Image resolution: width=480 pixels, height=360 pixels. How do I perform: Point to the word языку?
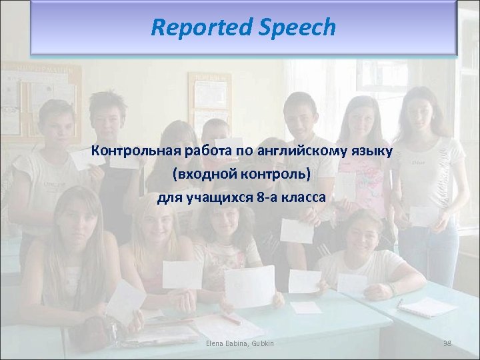(x=370, y=151)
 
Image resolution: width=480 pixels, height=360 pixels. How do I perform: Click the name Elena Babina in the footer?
(x=224, y=343)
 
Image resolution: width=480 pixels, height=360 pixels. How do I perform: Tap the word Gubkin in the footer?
(x=261, y=343)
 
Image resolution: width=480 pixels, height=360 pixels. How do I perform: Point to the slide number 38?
(x=447, y=343)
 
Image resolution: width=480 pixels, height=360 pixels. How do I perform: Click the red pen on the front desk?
(x=231, y=319)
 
